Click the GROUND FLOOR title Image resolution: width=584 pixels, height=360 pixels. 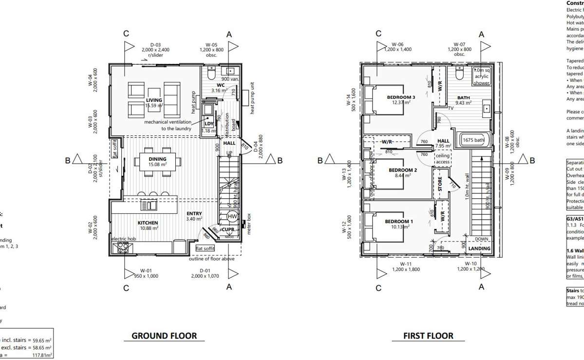coord(165,336)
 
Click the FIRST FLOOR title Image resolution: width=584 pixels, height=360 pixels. coord(428,336)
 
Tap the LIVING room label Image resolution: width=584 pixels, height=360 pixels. coord(154,100)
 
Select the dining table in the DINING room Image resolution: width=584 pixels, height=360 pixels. coord(157,161)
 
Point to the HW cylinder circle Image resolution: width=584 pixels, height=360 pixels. coord(232,216)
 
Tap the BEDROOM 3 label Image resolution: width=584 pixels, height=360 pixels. coord(401,97)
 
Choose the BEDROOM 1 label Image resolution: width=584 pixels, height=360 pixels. coord(399,221)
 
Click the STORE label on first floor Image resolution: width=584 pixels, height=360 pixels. coord(440,184)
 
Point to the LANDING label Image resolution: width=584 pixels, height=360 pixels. coord(479,248)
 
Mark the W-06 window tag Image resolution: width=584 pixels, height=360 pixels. coord(398,44)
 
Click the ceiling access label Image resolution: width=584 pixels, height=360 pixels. coord(443,158)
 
